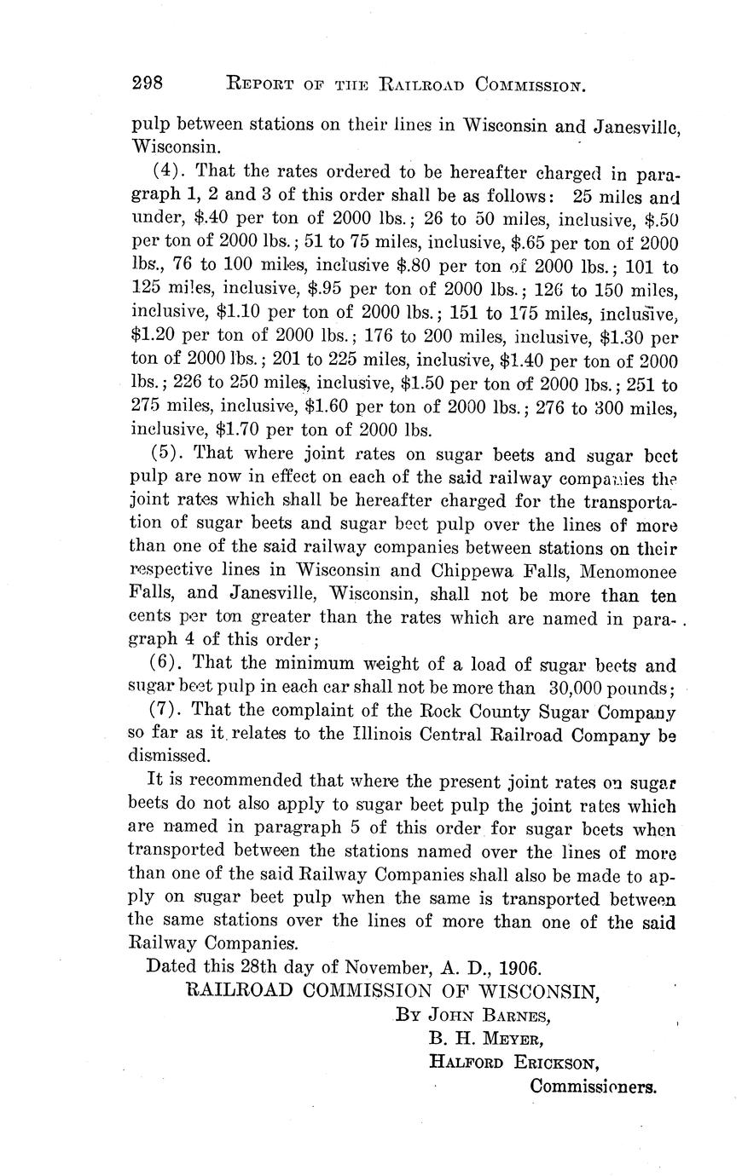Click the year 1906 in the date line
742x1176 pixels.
click(x=519, y=967)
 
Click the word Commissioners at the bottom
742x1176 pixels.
click(x=593, y=1087)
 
